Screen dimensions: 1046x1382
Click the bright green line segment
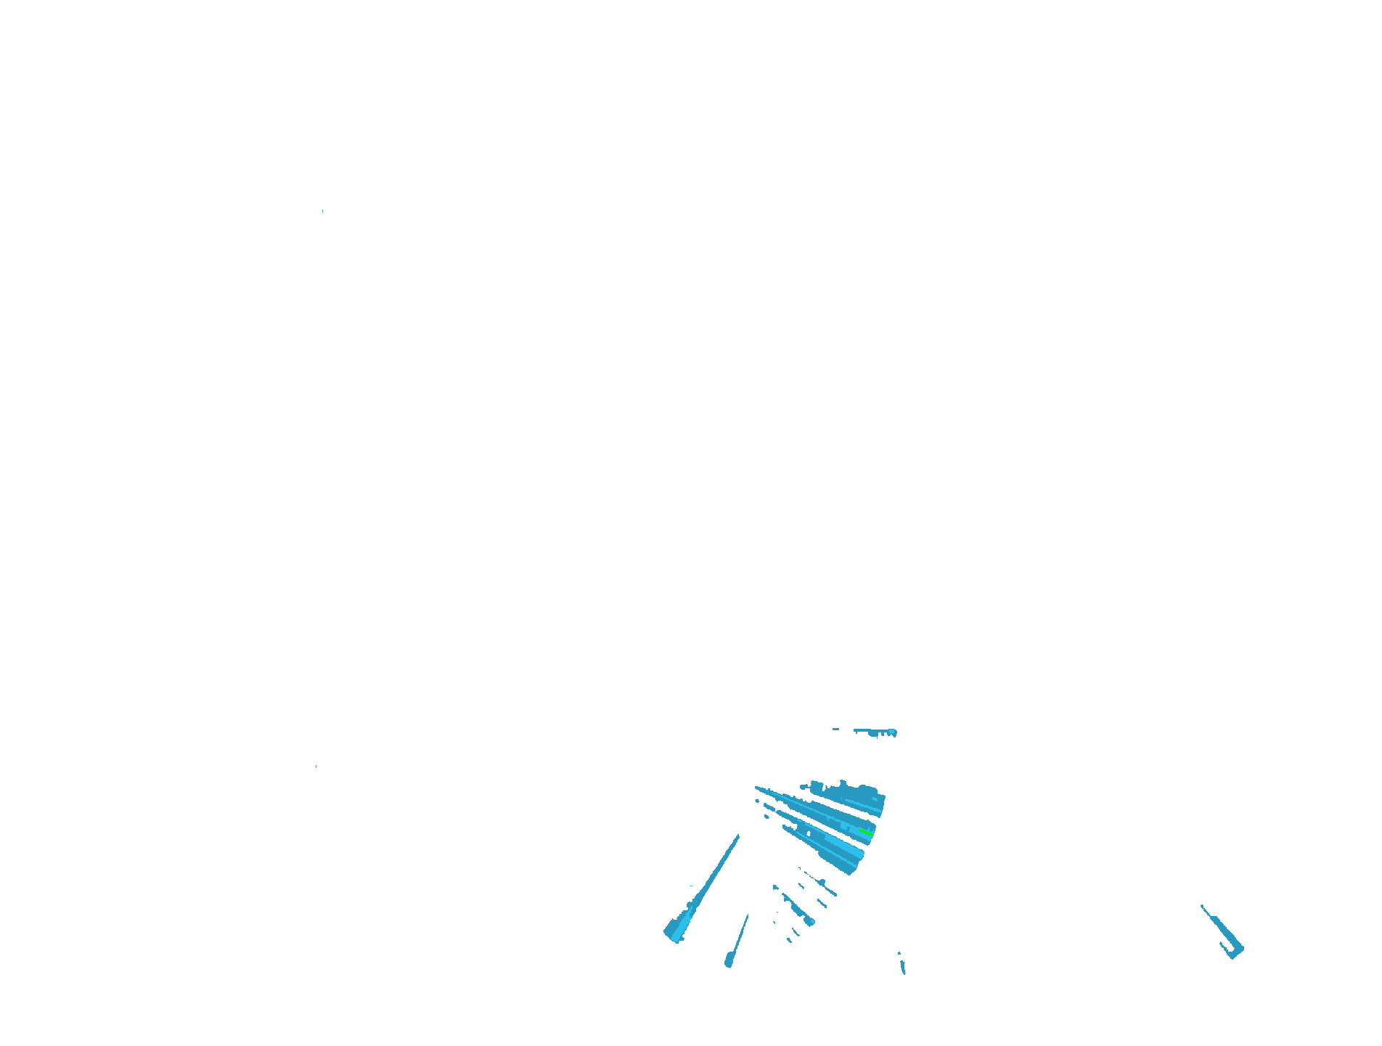pos(865,832)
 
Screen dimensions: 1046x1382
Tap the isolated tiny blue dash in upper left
pos(322,211)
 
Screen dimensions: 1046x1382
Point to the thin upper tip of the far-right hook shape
pos(1203,907)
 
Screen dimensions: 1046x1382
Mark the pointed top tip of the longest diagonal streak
pos(738,836)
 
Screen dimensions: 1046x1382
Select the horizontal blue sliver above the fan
pos(874,731)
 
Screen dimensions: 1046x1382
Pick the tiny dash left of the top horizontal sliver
pos(835,729)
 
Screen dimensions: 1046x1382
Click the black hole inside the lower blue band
pos(809,833)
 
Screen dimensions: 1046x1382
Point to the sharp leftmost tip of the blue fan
pos(756,787)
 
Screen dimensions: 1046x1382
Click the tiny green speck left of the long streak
pos(691,886)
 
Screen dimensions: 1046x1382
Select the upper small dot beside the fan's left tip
pos(757,801)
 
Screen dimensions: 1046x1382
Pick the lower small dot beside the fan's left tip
pos(766,817)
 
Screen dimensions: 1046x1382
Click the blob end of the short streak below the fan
pos(809,921)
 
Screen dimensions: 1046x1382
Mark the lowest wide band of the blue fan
pos(835,849)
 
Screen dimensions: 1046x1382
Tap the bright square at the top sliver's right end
pos(893,732)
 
